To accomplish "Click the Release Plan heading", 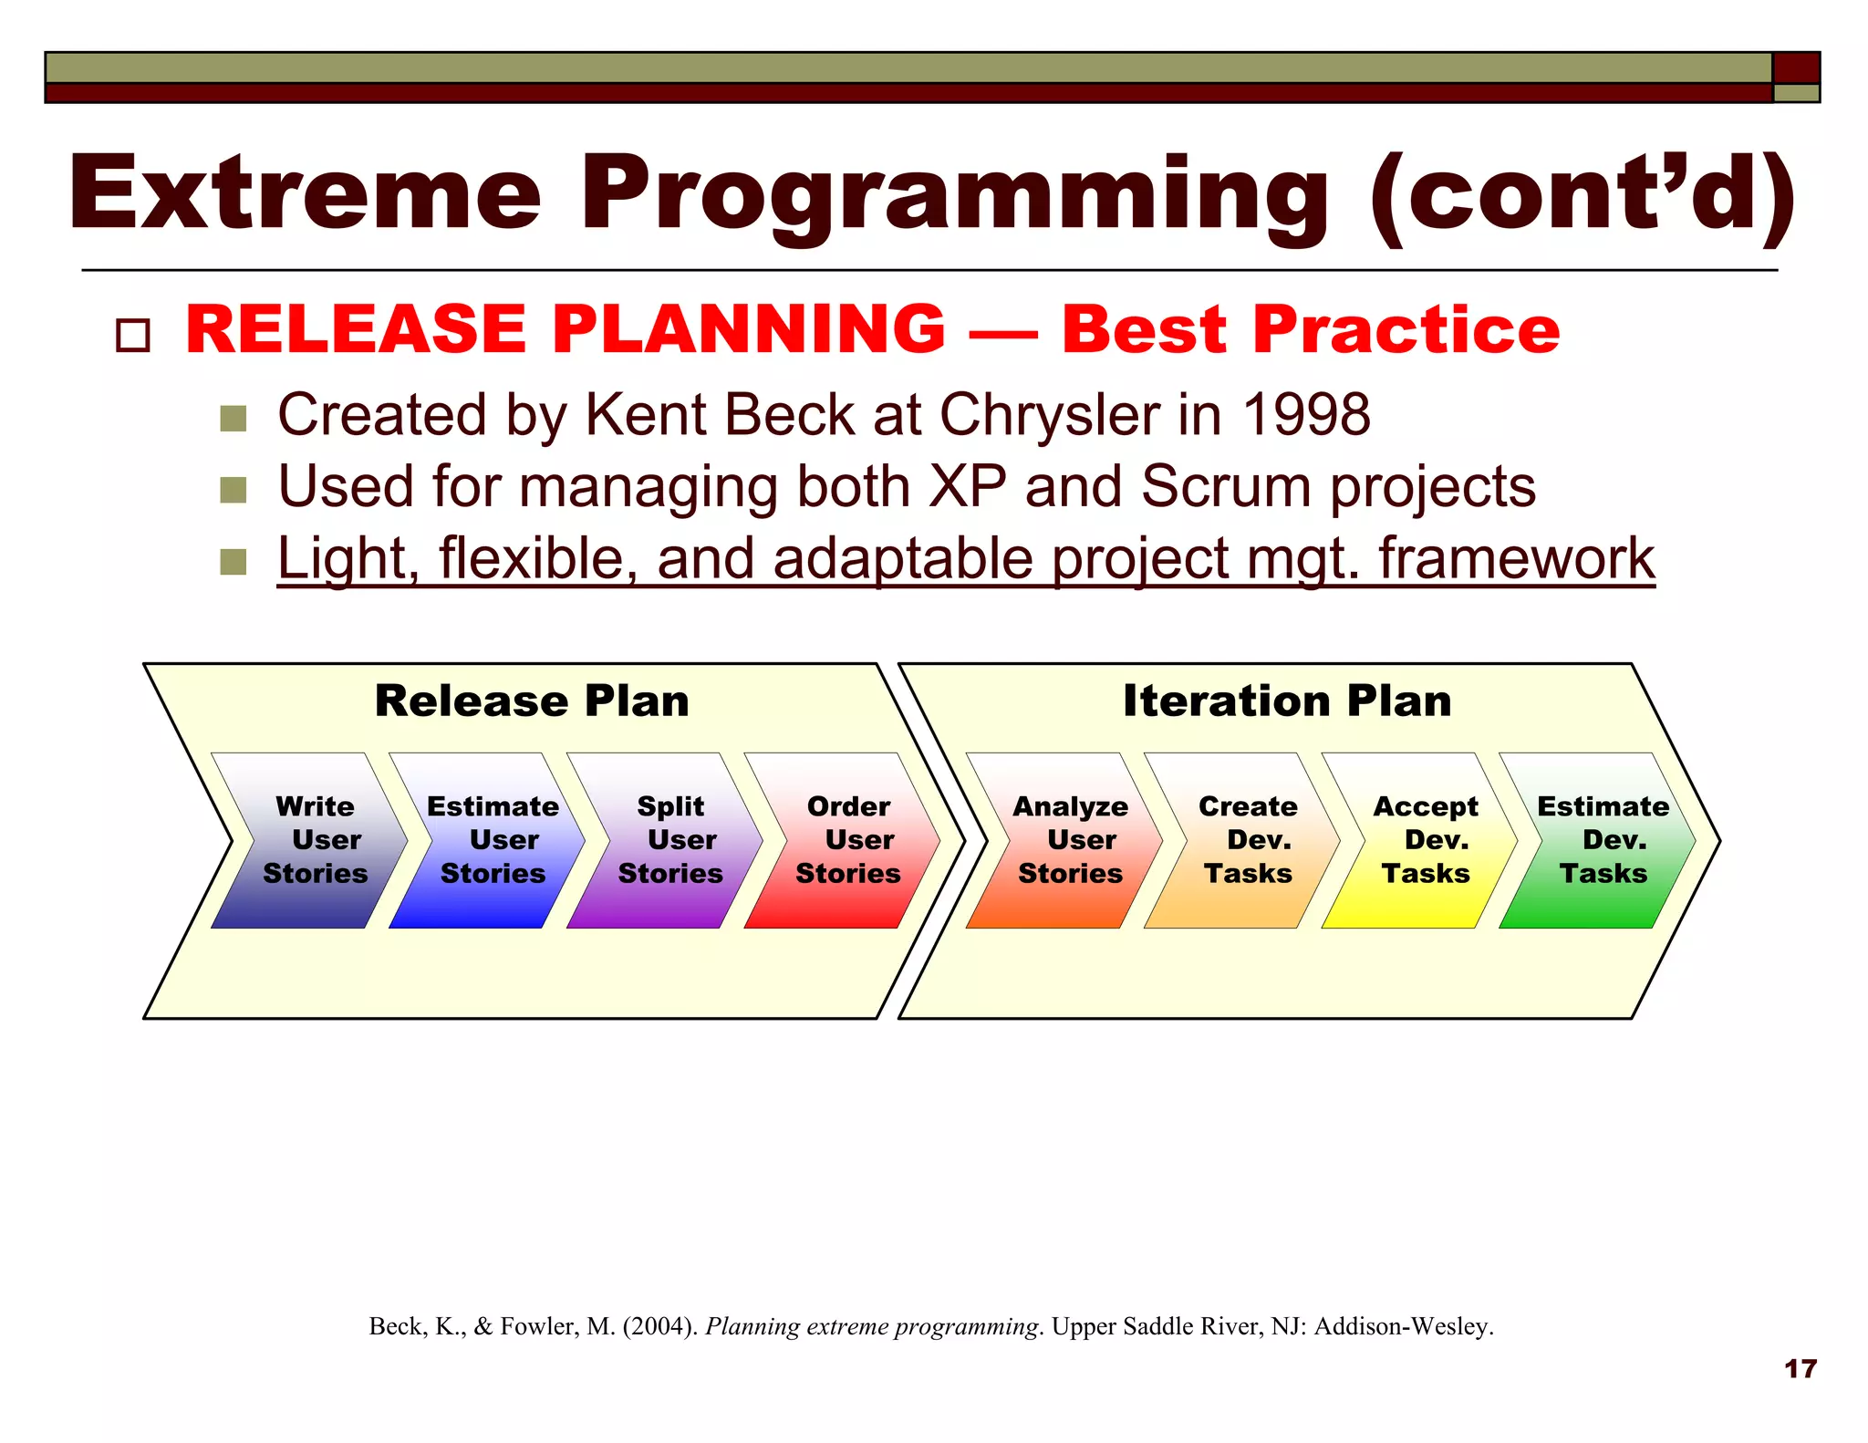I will [532, 701].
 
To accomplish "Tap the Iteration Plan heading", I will [1287, 701].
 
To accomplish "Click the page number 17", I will [1800, 1368].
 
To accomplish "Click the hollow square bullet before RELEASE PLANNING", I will [133, 335].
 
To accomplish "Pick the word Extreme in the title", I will [306, 194].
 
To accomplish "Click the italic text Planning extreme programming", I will [871, 1326].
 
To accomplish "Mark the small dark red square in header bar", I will [1796, 68].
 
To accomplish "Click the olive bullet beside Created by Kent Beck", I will [233, 419].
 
